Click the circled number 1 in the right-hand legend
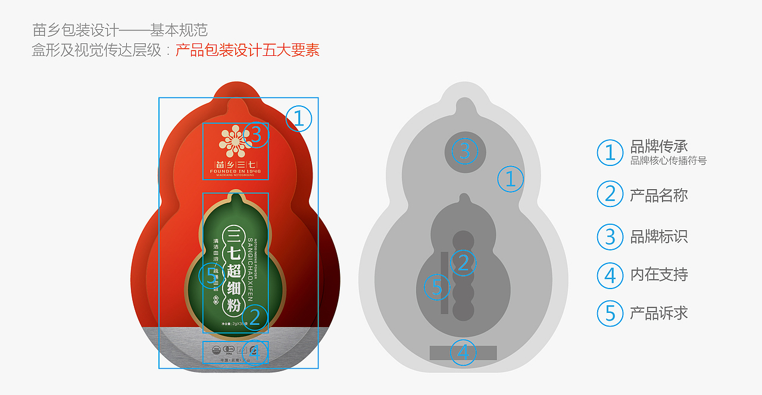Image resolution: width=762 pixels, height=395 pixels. tap(610, 153)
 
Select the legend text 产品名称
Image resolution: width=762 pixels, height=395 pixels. tap(659, 195)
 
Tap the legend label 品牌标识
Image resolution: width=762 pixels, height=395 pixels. tap(659, 236)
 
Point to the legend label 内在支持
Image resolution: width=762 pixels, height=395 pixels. tap(659, 274)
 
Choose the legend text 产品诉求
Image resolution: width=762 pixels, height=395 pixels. tap(659, 312)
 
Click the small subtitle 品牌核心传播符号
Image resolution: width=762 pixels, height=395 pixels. tap(668, 161)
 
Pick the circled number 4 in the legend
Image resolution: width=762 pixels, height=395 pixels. tap(610, 275)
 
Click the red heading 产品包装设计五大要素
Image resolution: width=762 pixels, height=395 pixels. tap(248, 50)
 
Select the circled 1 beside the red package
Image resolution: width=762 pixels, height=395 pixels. tap(299, 118)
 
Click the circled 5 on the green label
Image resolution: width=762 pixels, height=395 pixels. tap(211, 275)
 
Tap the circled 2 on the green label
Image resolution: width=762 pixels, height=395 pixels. tap(255, 317)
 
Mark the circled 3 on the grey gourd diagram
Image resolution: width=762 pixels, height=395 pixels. tap(465, 151)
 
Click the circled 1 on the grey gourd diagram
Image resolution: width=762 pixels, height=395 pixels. tap(510, 178)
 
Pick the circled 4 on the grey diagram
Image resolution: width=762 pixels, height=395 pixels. tap(463, 353)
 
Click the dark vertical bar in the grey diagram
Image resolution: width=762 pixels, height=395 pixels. tap(444, 283)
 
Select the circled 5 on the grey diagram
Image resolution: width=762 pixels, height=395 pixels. tap(436, 288)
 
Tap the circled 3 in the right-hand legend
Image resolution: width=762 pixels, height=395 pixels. tap(610, 236)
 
